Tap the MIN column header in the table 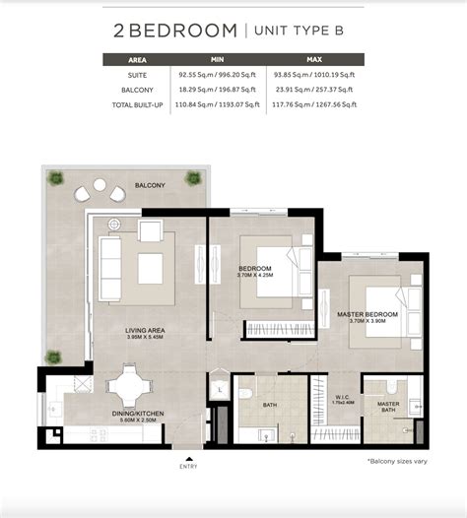217,59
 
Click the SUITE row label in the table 138,74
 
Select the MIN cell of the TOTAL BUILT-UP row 217,103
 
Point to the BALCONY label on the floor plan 151,184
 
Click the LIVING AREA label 143,330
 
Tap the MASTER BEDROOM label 366,315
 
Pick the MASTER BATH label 388,405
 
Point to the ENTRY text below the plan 188,467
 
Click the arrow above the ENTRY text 188,457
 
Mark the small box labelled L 220,389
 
